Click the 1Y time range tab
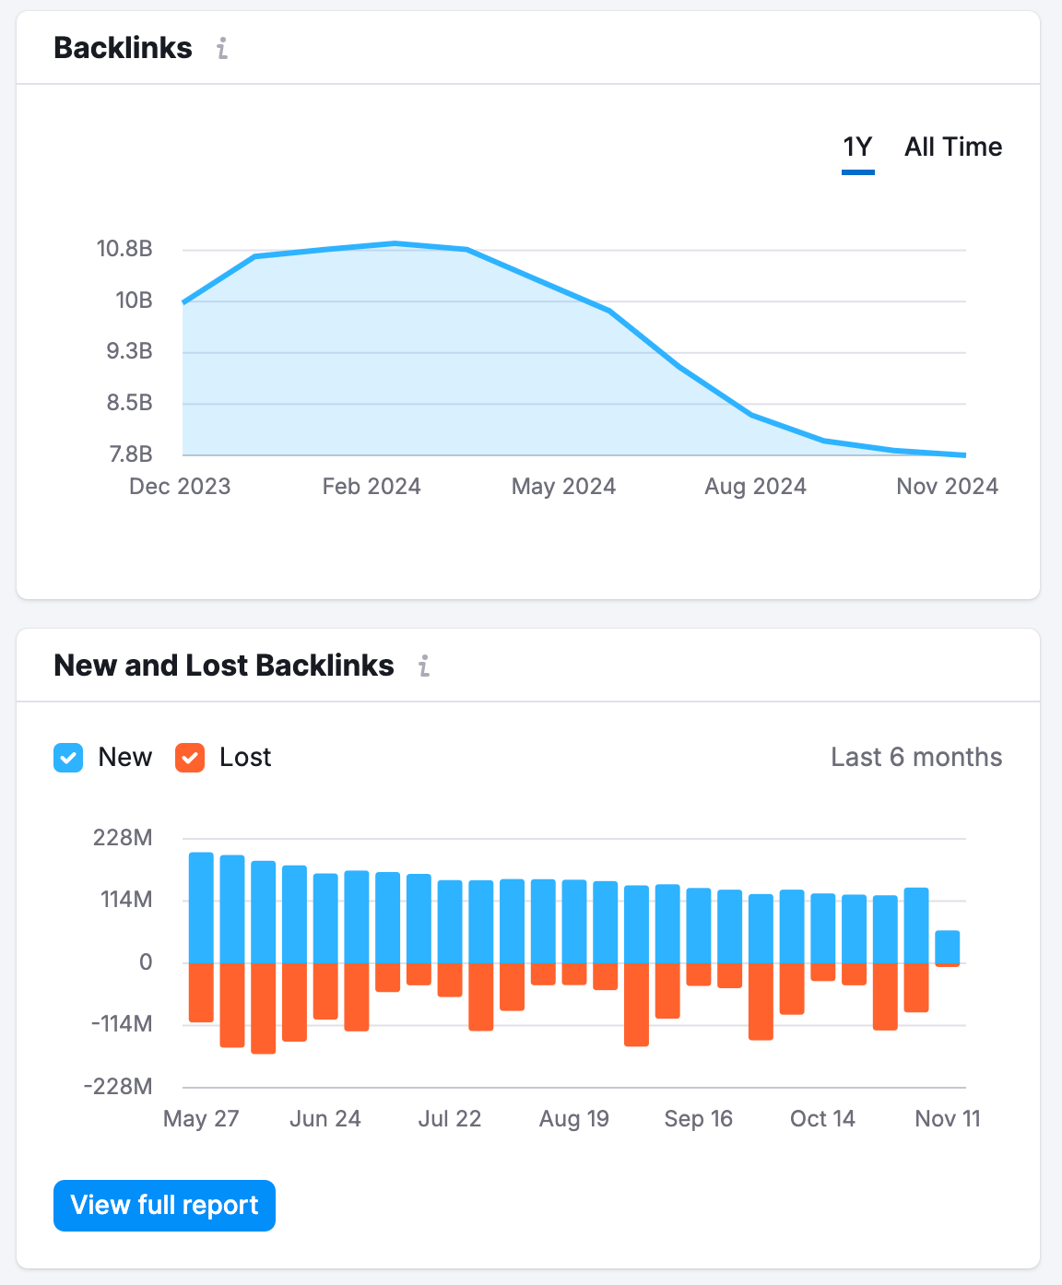[857, 147]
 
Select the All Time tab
[952, 147]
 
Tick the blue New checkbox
[68, 758]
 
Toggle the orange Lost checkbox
[190, 758]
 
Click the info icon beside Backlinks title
[222, 49]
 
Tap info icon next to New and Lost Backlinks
[424, 666]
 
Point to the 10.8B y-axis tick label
[124, 249]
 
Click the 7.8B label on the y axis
[130, 454]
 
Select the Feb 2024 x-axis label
[372, 487]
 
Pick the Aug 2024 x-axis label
[755, 487]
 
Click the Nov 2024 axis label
[947, 487]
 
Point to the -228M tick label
[118, 1086]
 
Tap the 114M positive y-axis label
[127, 900]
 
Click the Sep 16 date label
[698, 1119]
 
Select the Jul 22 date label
[450, 1119]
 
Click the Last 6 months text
[915, 758]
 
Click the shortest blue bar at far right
[948, 947]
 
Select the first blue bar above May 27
[201, 908]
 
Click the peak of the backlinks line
[395, 243]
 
